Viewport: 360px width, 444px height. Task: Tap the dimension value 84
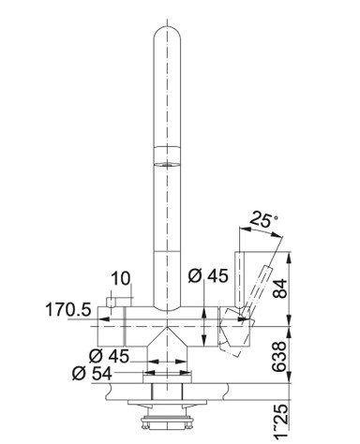(279, 289)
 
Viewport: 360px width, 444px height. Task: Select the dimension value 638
(279, 356)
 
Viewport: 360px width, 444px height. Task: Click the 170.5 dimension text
(68, 310)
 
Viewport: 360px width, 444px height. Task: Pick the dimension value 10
(120, 278)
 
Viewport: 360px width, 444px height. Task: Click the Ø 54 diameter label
(92, 373)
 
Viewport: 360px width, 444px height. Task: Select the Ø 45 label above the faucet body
(208, 275)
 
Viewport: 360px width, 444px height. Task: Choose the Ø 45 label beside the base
(109, 356)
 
